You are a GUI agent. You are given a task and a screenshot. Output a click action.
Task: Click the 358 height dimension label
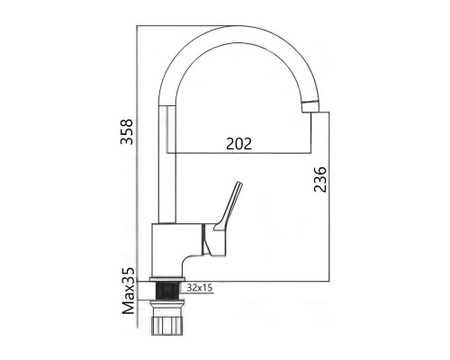coord(126,131)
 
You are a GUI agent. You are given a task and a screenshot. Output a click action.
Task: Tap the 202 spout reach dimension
coord(238,144)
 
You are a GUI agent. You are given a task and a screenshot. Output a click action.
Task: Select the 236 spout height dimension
coord(319,179)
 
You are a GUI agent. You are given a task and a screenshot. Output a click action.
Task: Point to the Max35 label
coord(129,291)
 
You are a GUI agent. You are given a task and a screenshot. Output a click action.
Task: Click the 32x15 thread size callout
coord(200,288)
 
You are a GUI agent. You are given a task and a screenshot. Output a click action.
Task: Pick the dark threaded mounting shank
coord(167,291)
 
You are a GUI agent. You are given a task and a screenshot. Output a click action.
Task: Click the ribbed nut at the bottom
coord(167,325)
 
